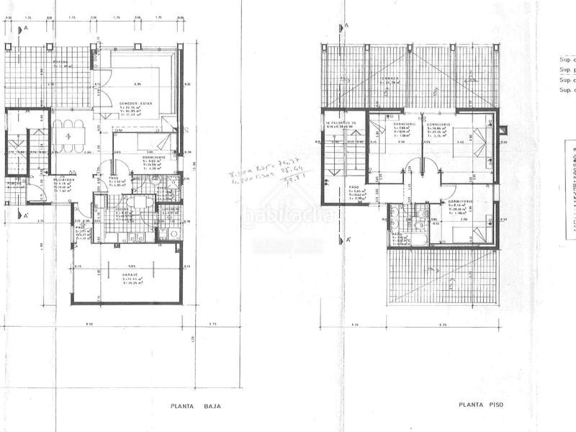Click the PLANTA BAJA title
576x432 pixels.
195,406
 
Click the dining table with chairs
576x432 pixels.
66,136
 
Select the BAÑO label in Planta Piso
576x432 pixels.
396,235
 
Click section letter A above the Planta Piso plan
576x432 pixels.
346,26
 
